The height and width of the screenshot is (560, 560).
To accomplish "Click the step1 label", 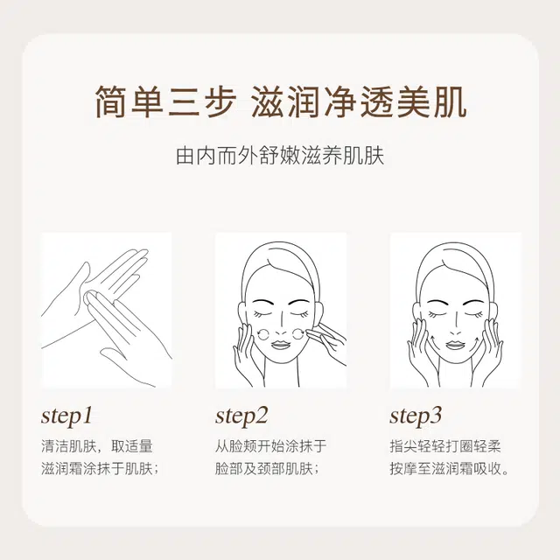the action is [x=66, y=416].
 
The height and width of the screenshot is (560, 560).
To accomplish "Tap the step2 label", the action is [x=241, y=416].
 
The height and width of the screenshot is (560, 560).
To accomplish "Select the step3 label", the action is [x=416, y=416].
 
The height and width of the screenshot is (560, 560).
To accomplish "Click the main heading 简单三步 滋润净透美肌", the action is [x=280, y=101].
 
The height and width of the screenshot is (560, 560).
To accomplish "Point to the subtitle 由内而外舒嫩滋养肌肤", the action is [x=280, y=156].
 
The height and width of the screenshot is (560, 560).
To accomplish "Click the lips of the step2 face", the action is [x=280, y=345].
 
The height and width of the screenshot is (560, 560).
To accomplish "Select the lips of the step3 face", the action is [x=454, y=345].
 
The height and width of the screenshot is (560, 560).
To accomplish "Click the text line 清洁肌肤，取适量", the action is [x=97, y=446].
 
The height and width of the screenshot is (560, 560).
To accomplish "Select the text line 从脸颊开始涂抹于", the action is [x=271, y=446].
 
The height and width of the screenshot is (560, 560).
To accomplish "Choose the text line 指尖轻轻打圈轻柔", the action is [x=445, y=446].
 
